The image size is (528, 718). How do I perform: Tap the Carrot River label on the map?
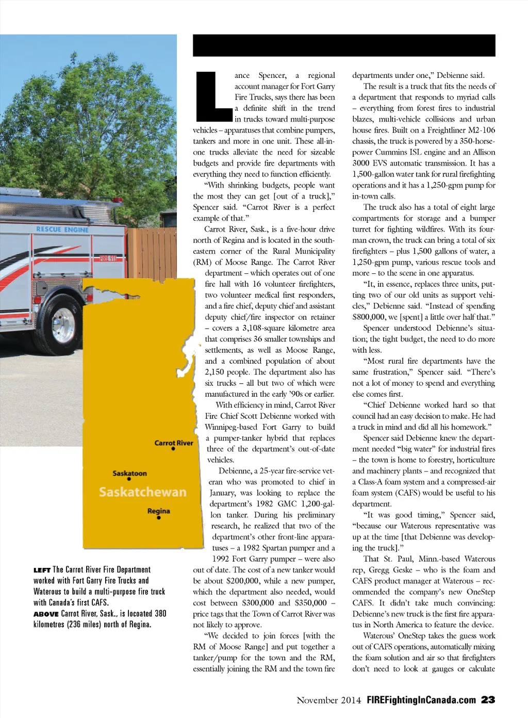click(174, 443)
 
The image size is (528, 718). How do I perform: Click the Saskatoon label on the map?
click(129, 473)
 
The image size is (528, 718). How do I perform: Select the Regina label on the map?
click(158, 511)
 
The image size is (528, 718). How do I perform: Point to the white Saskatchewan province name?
click(142, 492)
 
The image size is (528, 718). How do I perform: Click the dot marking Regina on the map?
click(159, 517)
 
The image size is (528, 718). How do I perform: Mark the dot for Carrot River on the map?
click(173, 449)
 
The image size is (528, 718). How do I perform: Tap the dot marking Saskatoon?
click(129, 479)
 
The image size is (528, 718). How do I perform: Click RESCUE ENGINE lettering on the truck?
click(62, 229)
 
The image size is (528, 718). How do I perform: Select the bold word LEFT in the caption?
click(42, 570)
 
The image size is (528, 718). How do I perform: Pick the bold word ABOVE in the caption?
click(46, 614)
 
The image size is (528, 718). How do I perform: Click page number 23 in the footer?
click(488, 700)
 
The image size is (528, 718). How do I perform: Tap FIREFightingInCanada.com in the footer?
click(421, 700)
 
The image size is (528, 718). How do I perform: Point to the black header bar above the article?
click(344, 45)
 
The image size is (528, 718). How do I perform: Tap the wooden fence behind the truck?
click(153, 253)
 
